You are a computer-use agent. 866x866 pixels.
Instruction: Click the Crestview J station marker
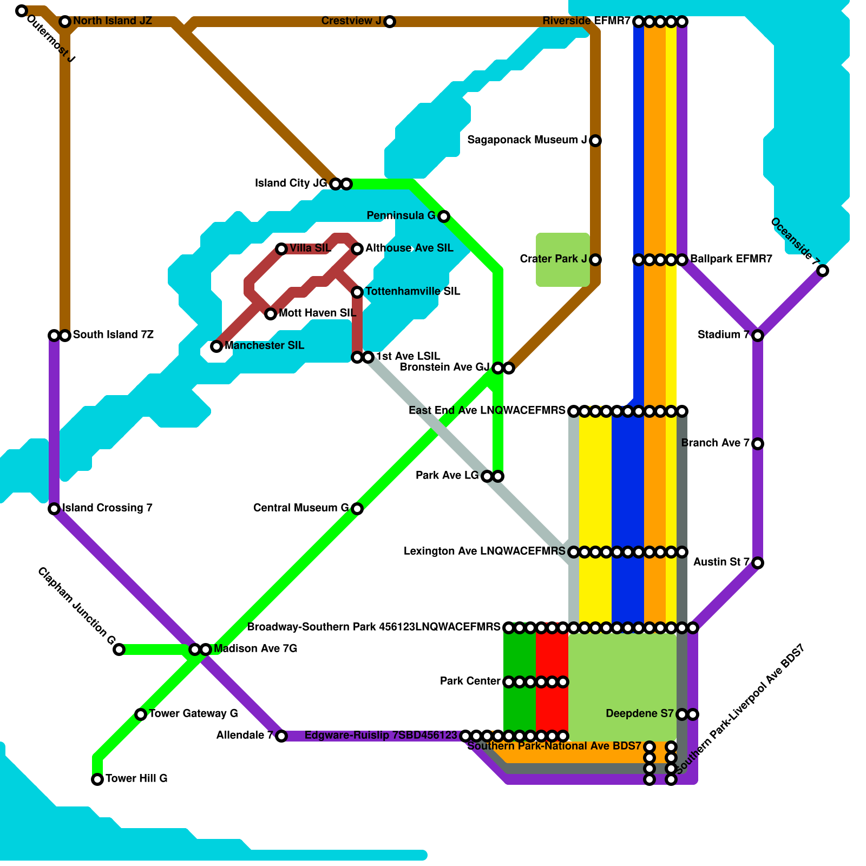pos(390,22)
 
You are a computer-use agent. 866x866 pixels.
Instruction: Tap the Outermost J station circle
pos(22,11)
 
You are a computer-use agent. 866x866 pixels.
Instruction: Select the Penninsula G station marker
pos(444,216)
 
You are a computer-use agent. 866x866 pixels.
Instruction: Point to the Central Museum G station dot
pos(357,508)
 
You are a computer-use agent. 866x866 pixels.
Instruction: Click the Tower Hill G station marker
pos(97,779)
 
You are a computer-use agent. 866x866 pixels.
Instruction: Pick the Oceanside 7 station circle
pos(823,271)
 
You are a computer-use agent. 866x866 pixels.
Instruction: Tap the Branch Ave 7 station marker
pos(758,444)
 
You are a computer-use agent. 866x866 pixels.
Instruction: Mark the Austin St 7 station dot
pos(758,563)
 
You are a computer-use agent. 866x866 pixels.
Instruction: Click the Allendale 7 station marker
pos(281,736)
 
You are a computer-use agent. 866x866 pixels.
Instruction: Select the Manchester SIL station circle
pos(216,346)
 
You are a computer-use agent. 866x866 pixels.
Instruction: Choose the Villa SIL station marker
pos(281,249)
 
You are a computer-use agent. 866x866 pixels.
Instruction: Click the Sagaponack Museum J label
pos(527,140)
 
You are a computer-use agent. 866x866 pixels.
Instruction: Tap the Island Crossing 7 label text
pos(107,508)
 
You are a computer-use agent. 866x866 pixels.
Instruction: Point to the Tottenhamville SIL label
pos(413,292)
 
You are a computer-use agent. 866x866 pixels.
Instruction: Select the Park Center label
pos(470,681)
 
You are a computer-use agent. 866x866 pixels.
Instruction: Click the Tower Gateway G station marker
pos(141,714)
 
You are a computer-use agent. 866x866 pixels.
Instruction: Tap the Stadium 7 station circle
pos(758,336)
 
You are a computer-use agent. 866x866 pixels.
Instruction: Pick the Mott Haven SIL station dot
pos(271,314)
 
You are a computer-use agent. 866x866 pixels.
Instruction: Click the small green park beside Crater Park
pos(562,260)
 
